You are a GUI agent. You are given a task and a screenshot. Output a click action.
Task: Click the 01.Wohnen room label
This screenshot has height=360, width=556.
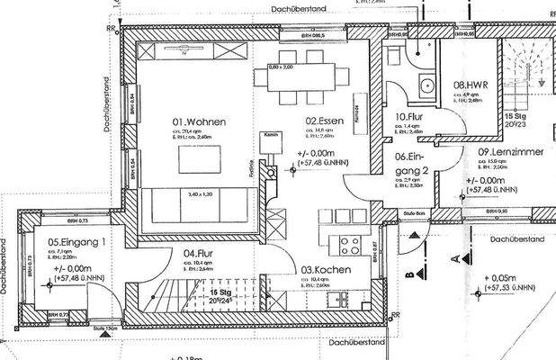tap(200, 121)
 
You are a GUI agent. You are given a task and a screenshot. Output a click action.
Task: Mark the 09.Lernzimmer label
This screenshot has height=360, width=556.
tap(510, 152)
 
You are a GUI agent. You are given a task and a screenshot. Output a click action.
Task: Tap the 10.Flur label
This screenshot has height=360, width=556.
tap(409, 116)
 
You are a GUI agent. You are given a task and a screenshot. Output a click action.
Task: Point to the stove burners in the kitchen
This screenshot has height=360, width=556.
tap(356, 247)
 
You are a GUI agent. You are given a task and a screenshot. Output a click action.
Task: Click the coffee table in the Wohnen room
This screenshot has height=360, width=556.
tap(200, 160)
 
